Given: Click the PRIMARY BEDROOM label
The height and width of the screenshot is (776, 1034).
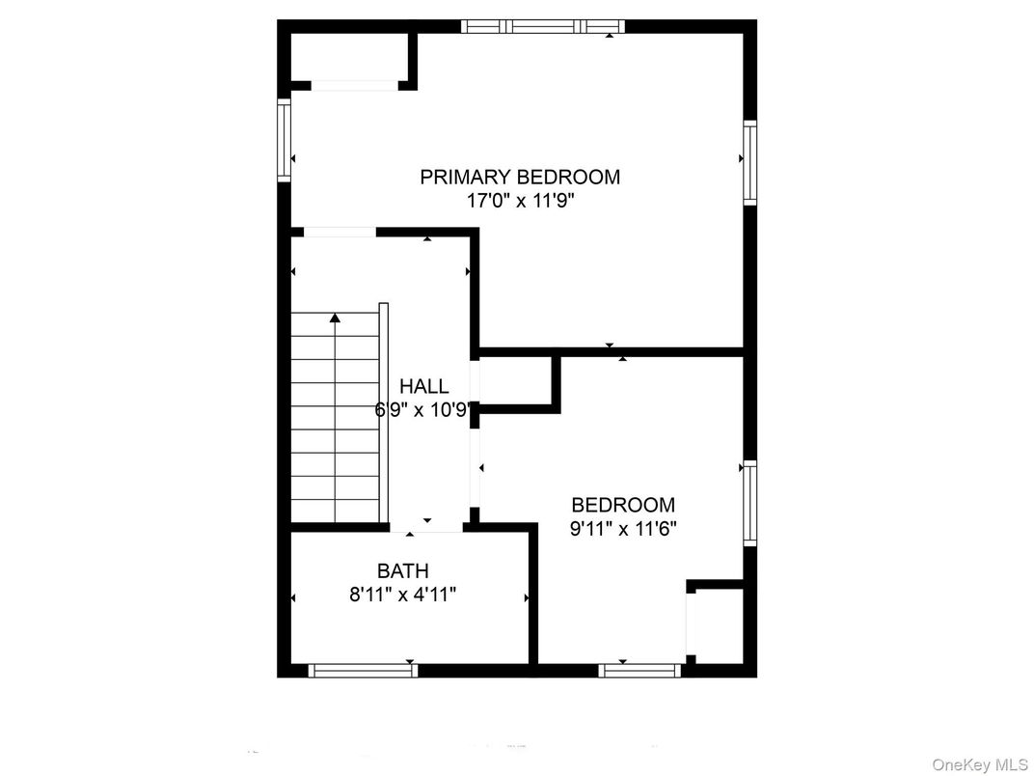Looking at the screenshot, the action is click(x=520, y=177).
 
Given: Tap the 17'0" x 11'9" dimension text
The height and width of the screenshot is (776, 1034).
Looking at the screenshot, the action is click(x=521, y=201).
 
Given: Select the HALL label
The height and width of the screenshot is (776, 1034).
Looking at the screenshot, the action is click(x=424, y=386).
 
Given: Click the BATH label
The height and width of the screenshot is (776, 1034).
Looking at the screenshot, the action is click(x=403, y=570).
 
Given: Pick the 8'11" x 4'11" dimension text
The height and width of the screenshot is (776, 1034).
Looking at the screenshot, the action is click(x=403, y=595).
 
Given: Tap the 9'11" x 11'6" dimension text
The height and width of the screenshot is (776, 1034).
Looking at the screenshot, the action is click(x=623, y=529).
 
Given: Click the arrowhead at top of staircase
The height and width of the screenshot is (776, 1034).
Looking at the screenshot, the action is click(x=336, y=318).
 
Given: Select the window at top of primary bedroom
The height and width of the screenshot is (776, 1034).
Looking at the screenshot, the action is click(x=542, y=26).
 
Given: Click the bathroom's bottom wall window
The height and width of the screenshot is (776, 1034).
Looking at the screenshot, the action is click(x=363, y=671).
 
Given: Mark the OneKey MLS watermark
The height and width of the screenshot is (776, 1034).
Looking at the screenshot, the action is click(x=980, y=764).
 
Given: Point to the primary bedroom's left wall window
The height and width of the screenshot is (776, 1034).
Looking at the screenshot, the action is click(x=285, y=140).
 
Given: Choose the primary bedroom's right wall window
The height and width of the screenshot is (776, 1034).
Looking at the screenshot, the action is click(x=749, y=162).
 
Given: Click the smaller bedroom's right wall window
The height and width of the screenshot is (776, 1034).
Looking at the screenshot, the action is click(x=749, y=504).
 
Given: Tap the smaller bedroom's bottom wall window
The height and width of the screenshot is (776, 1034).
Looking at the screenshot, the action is click(x=639, y=671).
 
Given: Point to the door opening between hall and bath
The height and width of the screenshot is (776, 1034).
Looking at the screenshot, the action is click(x=426, y=528).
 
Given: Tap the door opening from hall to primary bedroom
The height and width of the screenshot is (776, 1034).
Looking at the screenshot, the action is click(x=340, y=233).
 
